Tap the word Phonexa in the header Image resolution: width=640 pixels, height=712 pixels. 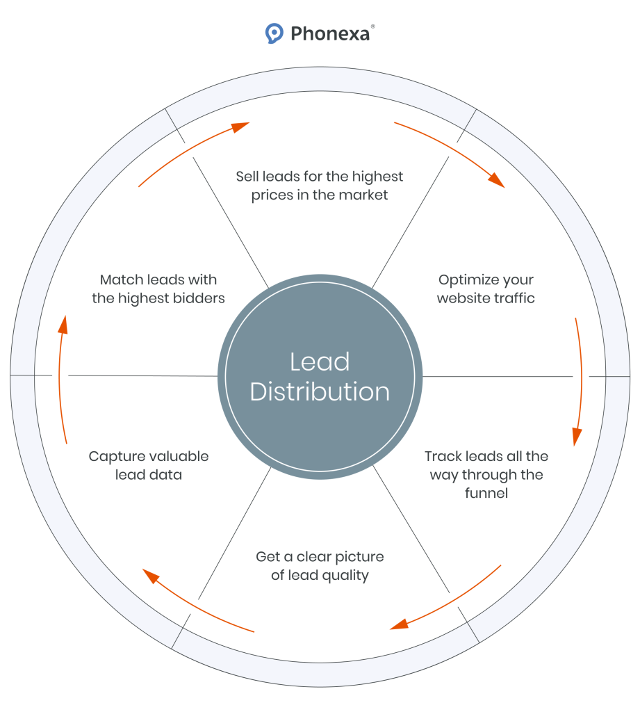(329, 33)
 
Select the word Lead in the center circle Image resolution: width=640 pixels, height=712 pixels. (320, 362)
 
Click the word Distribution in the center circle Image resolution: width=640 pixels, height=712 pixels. (320, 391)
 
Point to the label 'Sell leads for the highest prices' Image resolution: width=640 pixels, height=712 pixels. (320, 186)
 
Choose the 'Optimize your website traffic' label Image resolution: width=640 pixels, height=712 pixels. (486, 289)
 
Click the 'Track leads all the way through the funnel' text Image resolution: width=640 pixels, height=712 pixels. (486, 474)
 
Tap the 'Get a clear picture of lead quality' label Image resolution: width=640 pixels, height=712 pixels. (320, 566)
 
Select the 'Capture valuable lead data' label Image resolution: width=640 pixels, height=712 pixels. (149, 465)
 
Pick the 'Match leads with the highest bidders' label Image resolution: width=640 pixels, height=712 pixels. (158, 289)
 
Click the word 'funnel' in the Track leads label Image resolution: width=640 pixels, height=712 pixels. (486, 493)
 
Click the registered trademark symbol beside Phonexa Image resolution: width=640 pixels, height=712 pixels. (373, 26)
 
